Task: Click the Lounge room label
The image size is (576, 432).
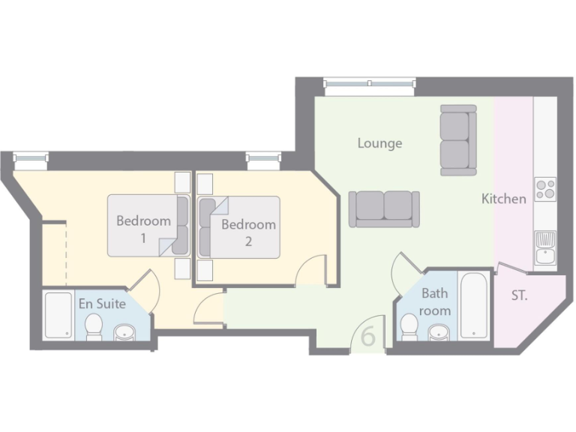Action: [x=379, y=143]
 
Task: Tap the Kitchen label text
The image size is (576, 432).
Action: [x=503, y=199]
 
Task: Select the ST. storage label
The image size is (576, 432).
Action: [x=519, y=295]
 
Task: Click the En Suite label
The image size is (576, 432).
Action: [x=102, y=304]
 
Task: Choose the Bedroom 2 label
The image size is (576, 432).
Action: [x=248, y=231]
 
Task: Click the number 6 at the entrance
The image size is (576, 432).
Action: [x=368, y=336]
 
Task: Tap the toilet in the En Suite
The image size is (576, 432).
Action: [x=94, y=327]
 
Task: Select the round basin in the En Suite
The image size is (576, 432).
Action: [x=124, y=331]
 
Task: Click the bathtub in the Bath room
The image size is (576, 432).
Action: [x=474, y=306]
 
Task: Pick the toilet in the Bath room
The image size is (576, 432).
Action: [x=409, y=327]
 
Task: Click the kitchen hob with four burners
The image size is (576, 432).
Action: [x=545, y=188]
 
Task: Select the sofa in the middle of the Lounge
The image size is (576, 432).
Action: [x=384, y=208]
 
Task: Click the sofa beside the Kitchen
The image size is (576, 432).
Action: [x=458, y=140]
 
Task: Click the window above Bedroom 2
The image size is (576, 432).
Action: [x=263, y=157]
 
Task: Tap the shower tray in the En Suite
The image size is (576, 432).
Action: [x=58, y=315]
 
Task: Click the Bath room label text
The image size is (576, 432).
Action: [x=435, y=301]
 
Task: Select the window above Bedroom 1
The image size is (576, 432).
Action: [x=31, y=157]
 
